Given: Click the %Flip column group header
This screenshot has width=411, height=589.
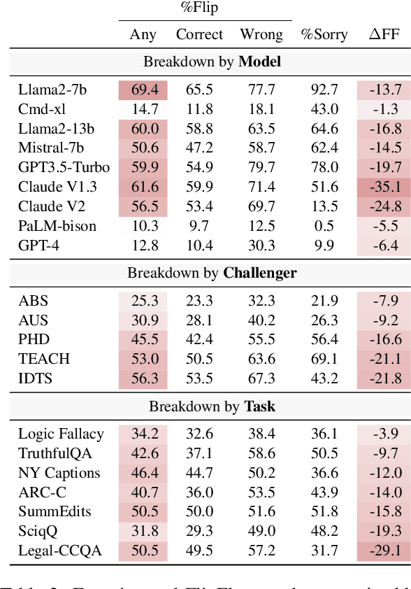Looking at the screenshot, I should point(204,8).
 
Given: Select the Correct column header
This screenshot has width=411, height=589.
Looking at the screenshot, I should point(199,34).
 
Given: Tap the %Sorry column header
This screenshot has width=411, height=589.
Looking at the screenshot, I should point(324,34).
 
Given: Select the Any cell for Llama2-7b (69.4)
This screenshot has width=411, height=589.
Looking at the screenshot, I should point(144,90).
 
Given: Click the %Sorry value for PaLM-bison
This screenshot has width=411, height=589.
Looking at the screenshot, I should point(324,226).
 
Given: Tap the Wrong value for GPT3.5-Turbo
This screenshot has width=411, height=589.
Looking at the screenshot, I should point(257,167).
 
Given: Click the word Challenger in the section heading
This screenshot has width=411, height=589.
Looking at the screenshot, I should point(260,273).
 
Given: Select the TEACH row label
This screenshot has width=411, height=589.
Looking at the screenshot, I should point(44,359).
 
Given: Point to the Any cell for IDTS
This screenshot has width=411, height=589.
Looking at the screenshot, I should point(144,378).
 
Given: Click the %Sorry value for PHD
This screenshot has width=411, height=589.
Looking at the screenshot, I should point(324,339).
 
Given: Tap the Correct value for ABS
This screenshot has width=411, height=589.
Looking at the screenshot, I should point(199,301).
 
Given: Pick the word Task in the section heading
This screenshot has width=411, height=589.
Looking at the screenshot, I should point(259,406).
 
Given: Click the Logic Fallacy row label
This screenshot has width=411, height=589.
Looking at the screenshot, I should point(61,434).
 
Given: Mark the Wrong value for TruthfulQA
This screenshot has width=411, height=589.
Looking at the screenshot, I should point(257,453).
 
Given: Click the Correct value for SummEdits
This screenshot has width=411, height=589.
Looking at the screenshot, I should point(199,512).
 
